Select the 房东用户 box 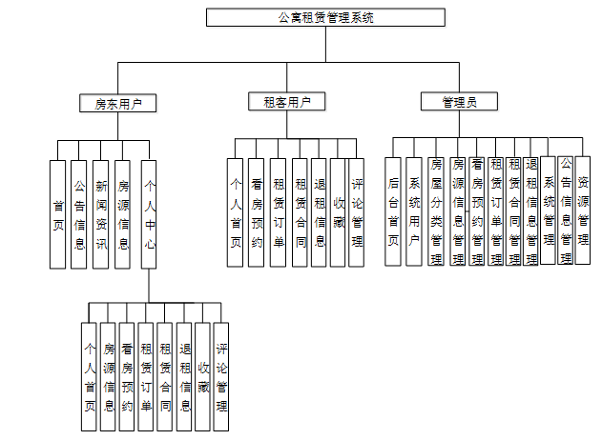point(118,103)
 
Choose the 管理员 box point(459,101)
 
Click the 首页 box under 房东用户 point(58,214)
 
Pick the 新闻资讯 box point(101,214)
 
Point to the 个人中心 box point(148,214)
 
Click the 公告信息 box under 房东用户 point(79,214)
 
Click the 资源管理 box point(583,210)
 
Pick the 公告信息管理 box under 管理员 point(566,210)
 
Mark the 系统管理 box point(549,210)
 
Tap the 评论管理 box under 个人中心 point(221,377)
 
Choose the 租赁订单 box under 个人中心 point(145,377)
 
